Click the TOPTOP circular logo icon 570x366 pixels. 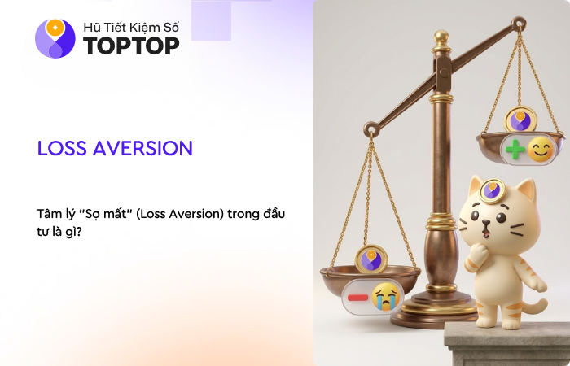[x=55, y=38]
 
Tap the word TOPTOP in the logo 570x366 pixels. [x=131, y=46]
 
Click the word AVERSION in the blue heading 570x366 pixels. [x=142, y=148]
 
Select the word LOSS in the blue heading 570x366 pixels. [x=62, y=148]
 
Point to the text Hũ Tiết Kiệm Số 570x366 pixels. [x=131, y=27]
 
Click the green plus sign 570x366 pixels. [x=515, y=149]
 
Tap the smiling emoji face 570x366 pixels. [x=541, y=149]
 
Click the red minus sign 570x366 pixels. [x=357, y=298]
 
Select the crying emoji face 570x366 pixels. [x=386, y=297]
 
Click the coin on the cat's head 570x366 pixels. [x=492, y=190]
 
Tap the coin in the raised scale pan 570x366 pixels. [x=520, y=120]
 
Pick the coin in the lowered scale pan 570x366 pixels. [x=371, y=259]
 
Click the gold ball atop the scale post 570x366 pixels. [x=441, y=37]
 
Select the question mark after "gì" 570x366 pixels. [x=79, y=232]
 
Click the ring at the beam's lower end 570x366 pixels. [x=371, y=129]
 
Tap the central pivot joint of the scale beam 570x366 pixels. [x=444, y=72]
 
